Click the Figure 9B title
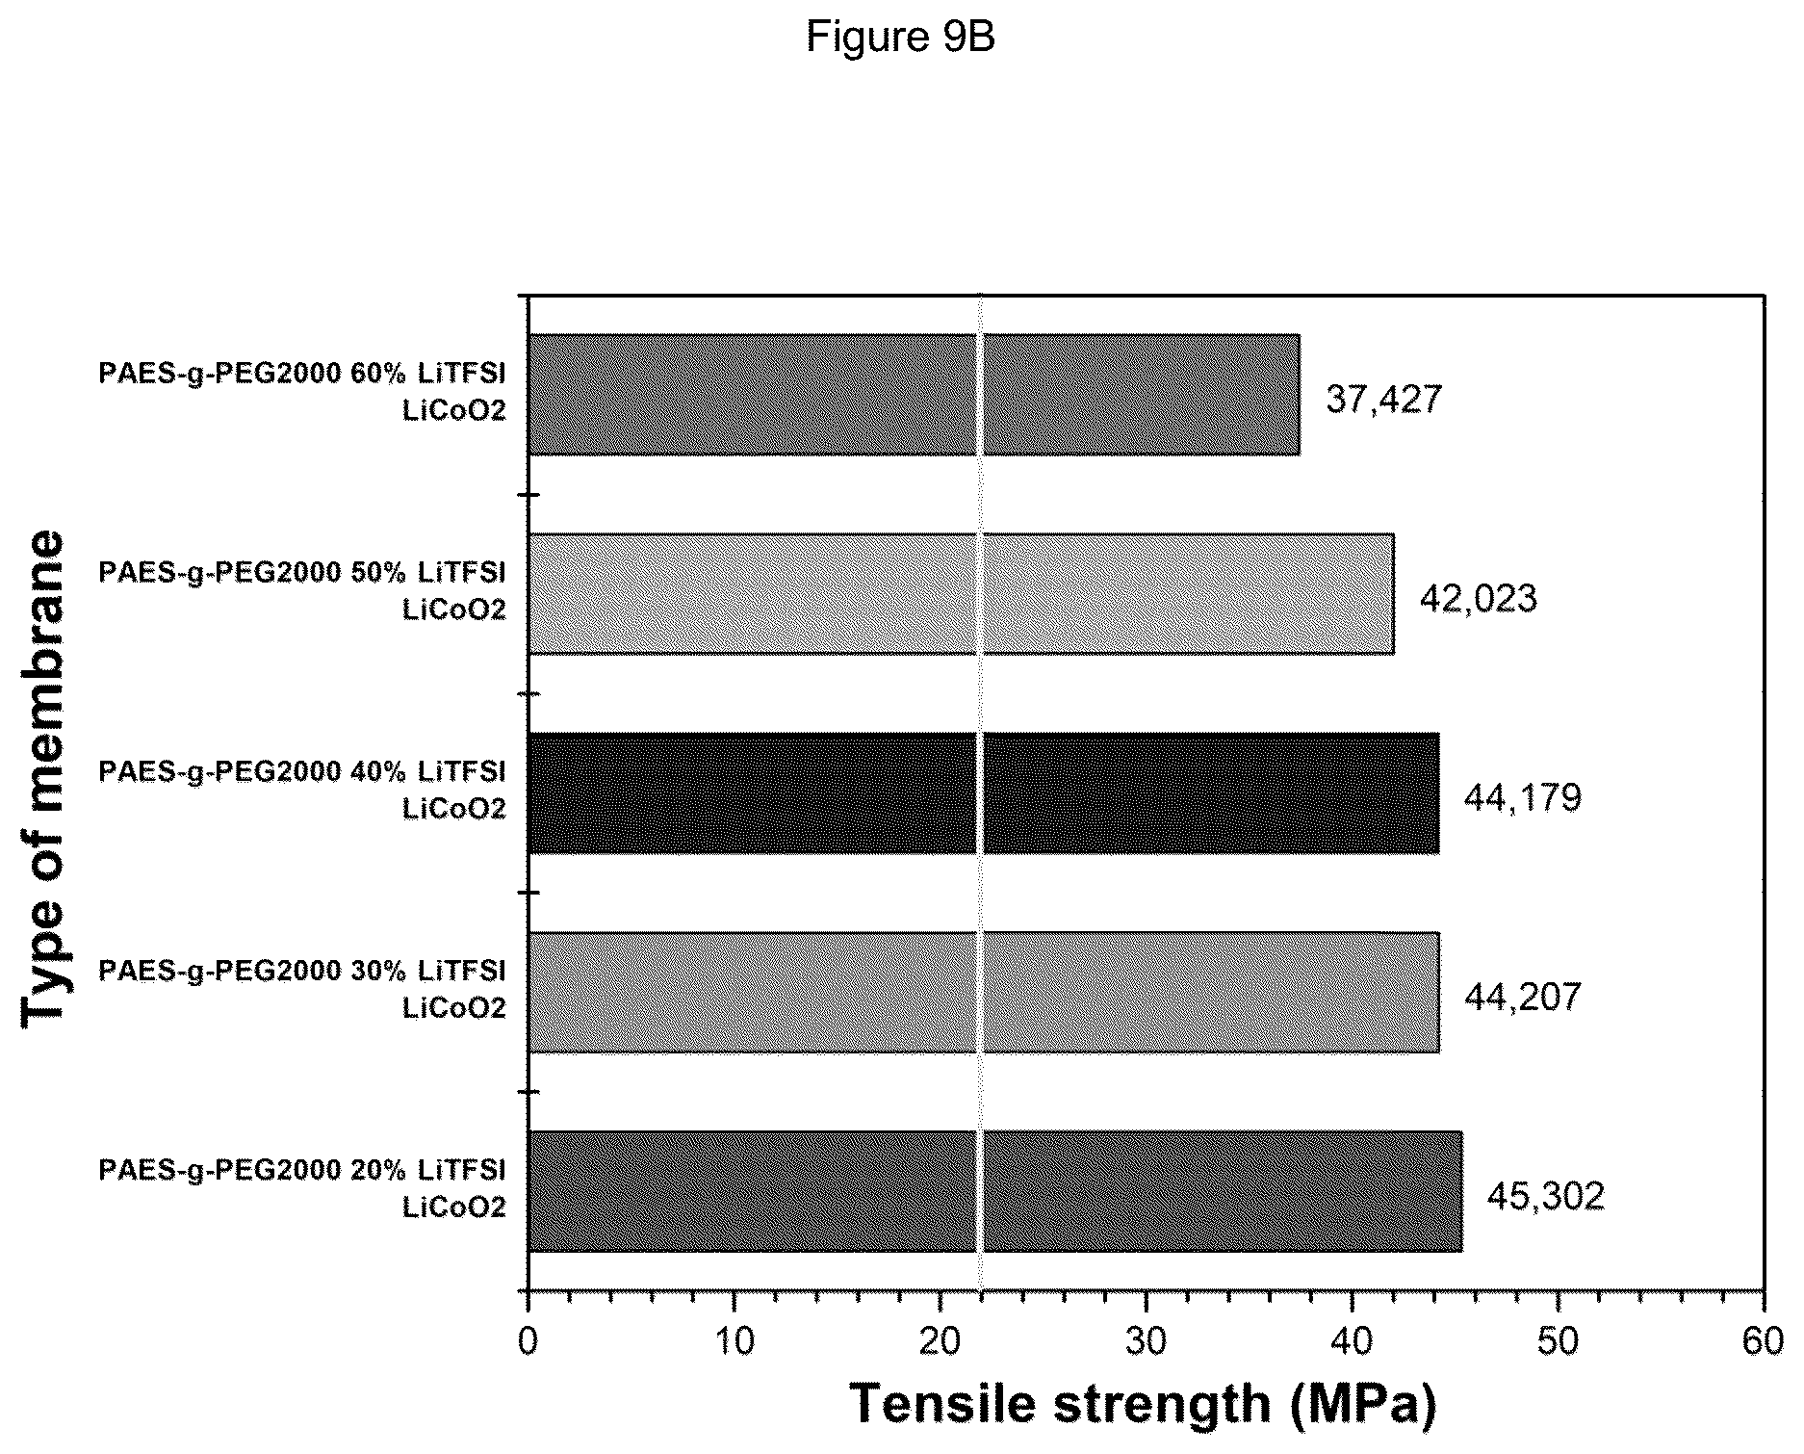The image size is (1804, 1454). (x=900, y=38)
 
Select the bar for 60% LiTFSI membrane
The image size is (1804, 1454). (x=914, y=395)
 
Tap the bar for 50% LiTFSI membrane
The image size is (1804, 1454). (x=961, y=594)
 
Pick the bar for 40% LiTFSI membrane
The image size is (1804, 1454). (x=984, y=793)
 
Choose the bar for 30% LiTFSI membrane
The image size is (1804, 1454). (x=984, y=993)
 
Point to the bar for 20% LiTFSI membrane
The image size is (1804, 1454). (x=995, y=1192)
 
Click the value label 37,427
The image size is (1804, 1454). (x=1384, y=399)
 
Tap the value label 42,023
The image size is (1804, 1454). (x=1479, y=598)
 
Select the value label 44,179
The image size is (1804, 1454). (x=1523, y=797)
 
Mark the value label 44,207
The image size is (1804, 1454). (x=1523, y=997)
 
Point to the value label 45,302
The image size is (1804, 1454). (x=1546, y=1196)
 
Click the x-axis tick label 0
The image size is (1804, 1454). (x=528, y=1341)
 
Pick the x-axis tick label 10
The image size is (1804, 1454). (x=734, y=1341)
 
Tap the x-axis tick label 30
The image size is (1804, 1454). (x=1146, y=1341)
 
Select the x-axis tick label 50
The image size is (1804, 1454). (x=1558, y=1341)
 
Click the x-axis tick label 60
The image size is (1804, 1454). (x=1764, y=1341)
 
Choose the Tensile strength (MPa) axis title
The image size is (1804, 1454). (x=1143, y=1404)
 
